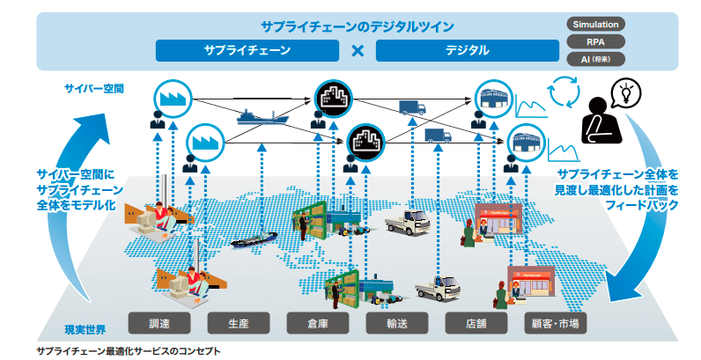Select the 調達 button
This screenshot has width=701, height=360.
163,323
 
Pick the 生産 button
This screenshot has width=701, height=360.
242,323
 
